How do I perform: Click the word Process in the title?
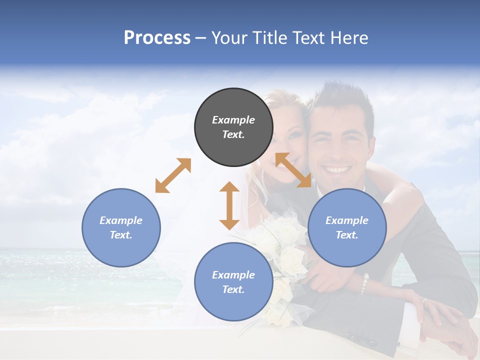point(157,38)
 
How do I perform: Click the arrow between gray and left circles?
point(173,175)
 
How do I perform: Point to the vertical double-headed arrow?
point(229,205)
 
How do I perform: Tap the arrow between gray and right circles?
point(293,170)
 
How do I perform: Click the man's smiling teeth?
point(338,170)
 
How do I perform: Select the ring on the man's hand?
point(424,301)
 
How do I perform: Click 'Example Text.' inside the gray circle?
point(233,127)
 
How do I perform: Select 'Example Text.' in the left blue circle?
point(121,227)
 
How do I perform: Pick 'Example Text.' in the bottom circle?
point(233,282)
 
